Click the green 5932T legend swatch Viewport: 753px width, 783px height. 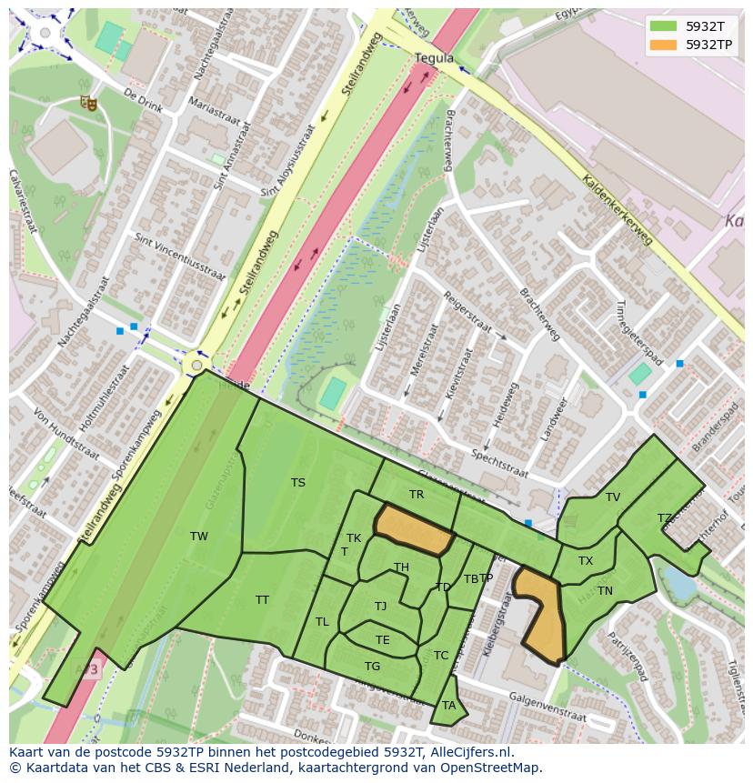pos(663,25)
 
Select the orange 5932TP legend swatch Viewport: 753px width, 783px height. pos(663,44)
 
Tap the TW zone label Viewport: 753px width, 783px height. pos(199,537)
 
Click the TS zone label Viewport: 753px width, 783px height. pos(298,483)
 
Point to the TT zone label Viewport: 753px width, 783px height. pos(262,600)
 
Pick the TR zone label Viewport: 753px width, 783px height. pos(417,495)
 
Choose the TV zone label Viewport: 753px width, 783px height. pos(613,497)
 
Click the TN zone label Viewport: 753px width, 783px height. pos(605,591)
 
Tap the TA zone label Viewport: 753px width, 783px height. pos(448,706)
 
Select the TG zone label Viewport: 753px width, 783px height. pos(372,667)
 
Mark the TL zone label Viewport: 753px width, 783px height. pos(322,622)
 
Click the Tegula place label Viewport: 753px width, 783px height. pos(434,57)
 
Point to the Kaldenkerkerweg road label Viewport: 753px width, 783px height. pos(617,209)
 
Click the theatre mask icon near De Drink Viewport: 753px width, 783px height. pos(88,103)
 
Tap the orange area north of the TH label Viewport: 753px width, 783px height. pos(415,529)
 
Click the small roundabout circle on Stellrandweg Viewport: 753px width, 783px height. pos(196,366)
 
